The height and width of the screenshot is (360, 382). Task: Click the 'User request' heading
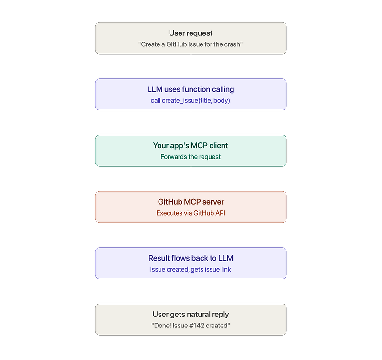click(191, 33)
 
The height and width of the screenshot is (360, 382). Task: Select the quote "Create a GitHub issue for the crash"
click(191, 44)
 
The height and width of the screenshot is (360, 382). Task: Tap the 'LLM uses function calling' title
click(191, 89)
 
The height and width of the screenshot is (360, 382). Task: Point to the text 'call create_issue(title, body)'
click(190, 101)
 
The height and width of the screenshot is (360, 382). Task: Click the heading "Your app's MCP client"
click(191, 146)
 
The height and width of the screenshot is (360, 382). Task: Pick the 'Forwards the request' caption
click(191, 157)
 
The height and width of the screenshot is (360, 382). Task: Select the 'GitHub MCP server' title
click(191, 202)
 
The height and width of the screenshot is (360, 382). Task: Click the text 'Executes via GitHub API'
click(191, 213)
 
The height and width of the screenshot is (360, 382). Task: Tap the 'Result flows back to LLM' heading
click(191, 258)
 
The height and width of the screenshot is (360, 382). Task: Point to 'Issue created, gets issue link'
click(191, 269)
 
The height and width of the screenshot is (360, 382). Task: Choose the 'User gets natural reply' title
click(191, 315)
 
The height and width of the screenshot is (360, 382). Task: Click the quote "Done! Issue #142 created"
click(191, 326)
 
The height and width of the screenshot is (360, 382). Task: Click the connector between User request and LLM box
click(191, 64)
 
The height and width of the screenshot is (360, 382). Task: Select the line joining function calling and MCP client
click(191, 120)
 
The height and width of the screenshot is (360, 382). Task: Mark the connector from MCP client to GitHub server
click(191, 176)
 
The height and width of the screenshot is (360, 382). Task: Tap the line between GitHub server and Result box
click(191, 232)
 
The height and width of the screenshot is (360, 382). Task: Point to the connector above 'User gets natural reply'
click(191, 289)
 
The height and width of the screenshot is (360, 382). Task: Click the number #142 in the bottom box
click(197, 326)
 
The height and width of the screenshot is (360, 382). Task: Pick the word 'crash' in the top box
click(232, 44)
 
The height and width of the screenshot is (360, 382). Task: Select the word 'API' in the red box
click(220, 213)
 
